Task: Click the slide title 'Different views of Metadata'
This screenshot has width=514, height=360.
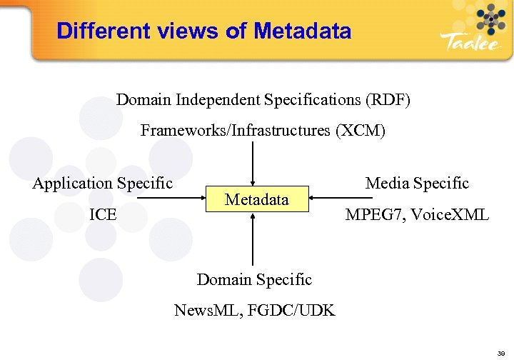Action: point(203,31)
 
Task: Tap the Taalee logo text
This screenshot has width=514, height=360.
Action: point(470,42)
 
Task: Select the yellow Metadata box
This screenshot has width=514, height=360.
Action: point(257,199)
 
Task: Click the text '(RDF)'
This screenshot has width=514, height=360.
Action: point(388,99)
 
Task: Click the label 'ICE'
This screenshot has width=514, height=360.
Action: point(104,214)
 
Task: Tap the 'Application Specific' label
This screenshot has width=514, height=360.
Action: point(103,183)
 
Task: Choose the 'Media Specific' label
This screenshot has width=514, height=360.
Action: point(417,183)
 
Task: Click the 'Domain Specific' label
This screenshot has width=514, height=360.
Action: point(254,279)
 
